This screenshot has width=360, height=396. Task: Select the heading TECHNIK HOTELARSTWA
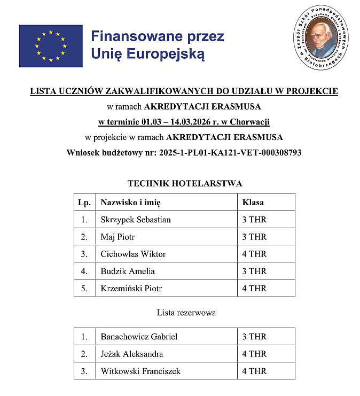[x=184, y=183]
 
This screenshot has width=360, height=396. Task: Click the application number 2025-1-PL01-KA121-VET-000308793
[x=230, y=152]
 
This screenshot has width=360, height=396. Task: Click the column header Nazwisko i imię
[x=130, y=203]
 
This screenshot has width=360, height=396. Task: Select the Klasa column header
[x=253, y=203]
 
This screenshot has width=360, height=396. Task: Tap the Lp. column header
[x=84, y=203]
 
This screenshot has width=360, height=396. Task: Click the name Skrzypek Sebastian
[x=136, y=220]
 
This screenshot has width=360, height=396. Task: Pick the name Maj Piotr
[x=118, y=237]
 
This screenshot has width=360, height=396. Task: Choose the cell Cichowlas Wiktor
[x=133, y=254]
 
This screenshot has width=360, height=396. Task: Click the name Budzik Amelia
[x=128, y=271]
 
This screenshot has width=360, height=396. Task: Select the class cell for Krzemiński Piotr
[x=254, y=288]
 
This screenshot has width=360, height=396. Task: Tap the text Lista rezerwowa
[x=186, y=313]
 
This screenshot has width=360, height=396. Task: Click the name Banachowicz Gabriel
[x=139, y=337]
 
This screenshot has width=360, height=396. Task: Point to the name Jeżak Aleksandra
[x=132, y=354]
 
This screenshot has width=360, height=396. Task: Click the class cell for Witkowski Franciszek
[x=254, y=371]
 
